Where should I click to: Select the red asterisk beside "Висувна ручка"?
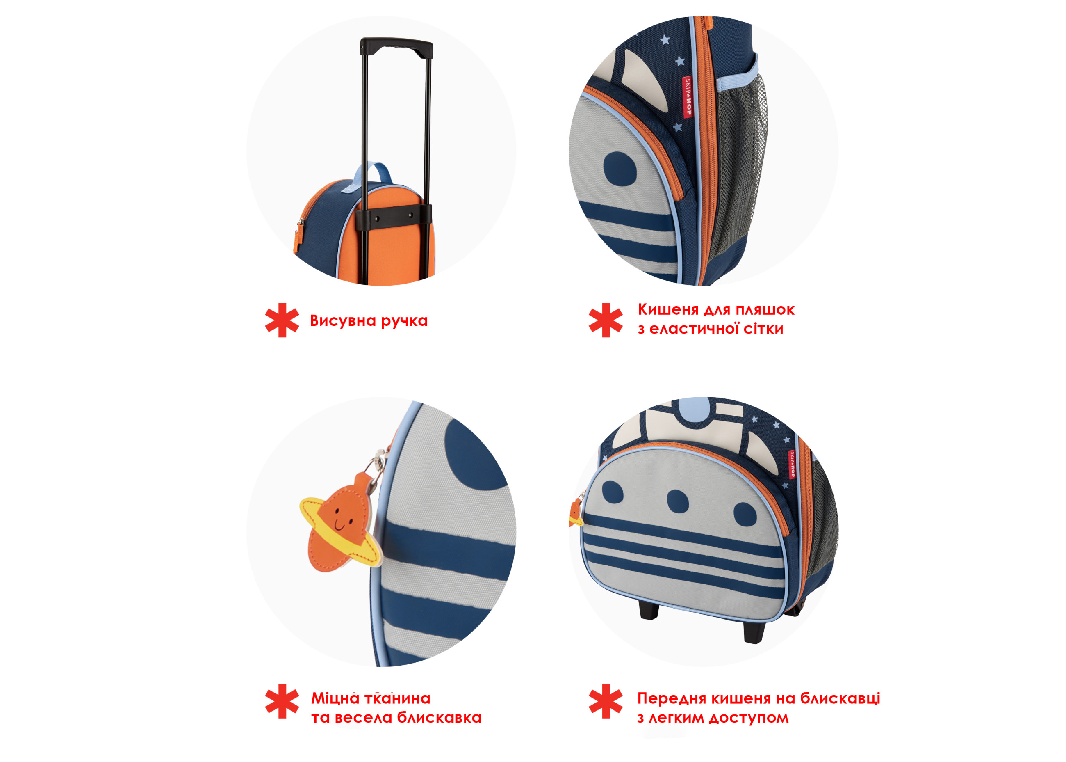point(282,320)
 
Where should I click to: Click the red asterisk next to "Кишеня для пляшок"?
point(606,320)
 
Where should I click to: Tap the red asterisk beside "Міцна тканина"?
point(282,701)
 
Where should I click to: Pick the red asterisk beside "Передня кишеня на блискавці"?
point(606,701)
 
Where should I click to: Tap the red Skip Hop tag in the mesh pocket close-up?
point(687,97)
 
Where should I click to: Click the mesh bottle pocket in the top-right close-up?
point(733,164)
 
